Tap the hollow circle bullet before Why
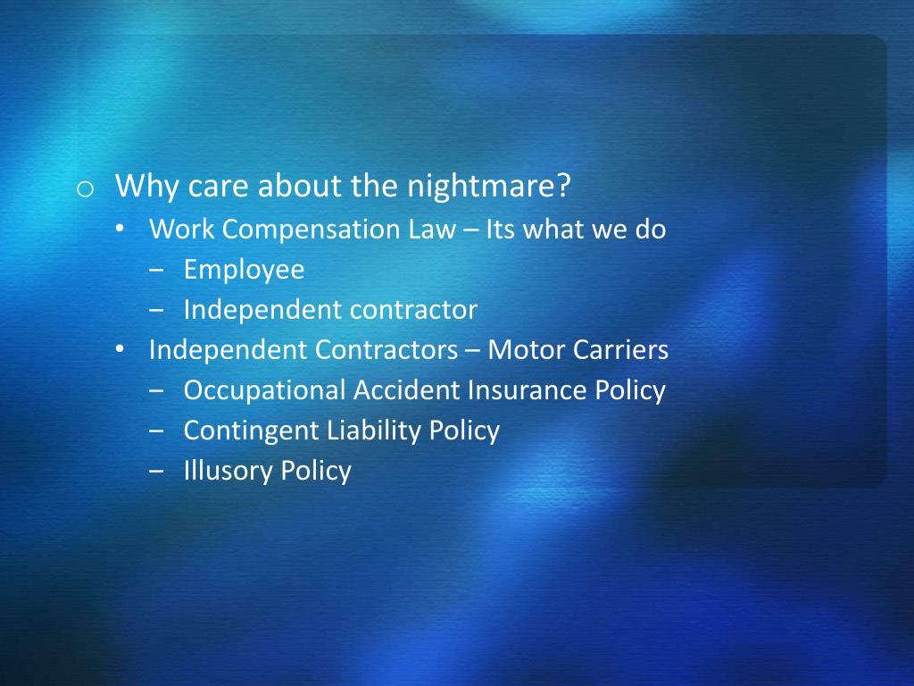pos(85,189)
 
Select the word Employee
pos(244,270)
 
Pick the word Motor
pos(526,350)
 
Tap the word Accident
pos(408,390)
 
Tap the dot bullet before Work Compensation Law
pos(120,230)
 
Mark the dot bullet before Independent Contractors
pos(120,350)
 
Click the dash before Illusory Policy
pos(157,471)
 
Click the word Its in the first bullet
pos(502,230)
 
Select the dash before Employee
pos(157,270)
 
